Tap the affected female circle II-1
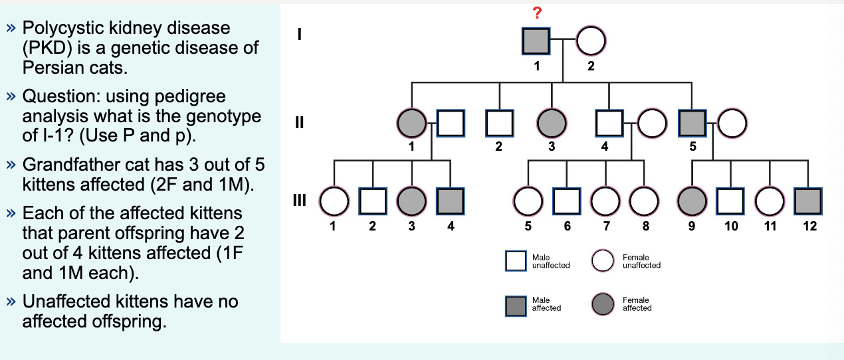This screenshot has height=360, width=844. tap(411, 123)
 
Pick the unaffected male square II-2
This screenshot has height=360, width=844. tap(499, 123)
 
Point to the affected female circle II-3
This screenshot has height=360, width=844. tap(552, 123)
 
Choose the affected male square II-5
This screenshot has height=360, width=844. tap(692, 123)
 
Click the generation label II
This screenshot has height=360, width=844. tap(300, 123)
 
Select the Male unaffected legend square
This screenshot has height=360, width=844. tap(516, 261)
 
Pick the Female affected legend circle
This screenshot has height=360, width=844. tap(603, 304)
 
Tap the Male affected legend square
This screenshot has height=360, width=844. tap(516, 304)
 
